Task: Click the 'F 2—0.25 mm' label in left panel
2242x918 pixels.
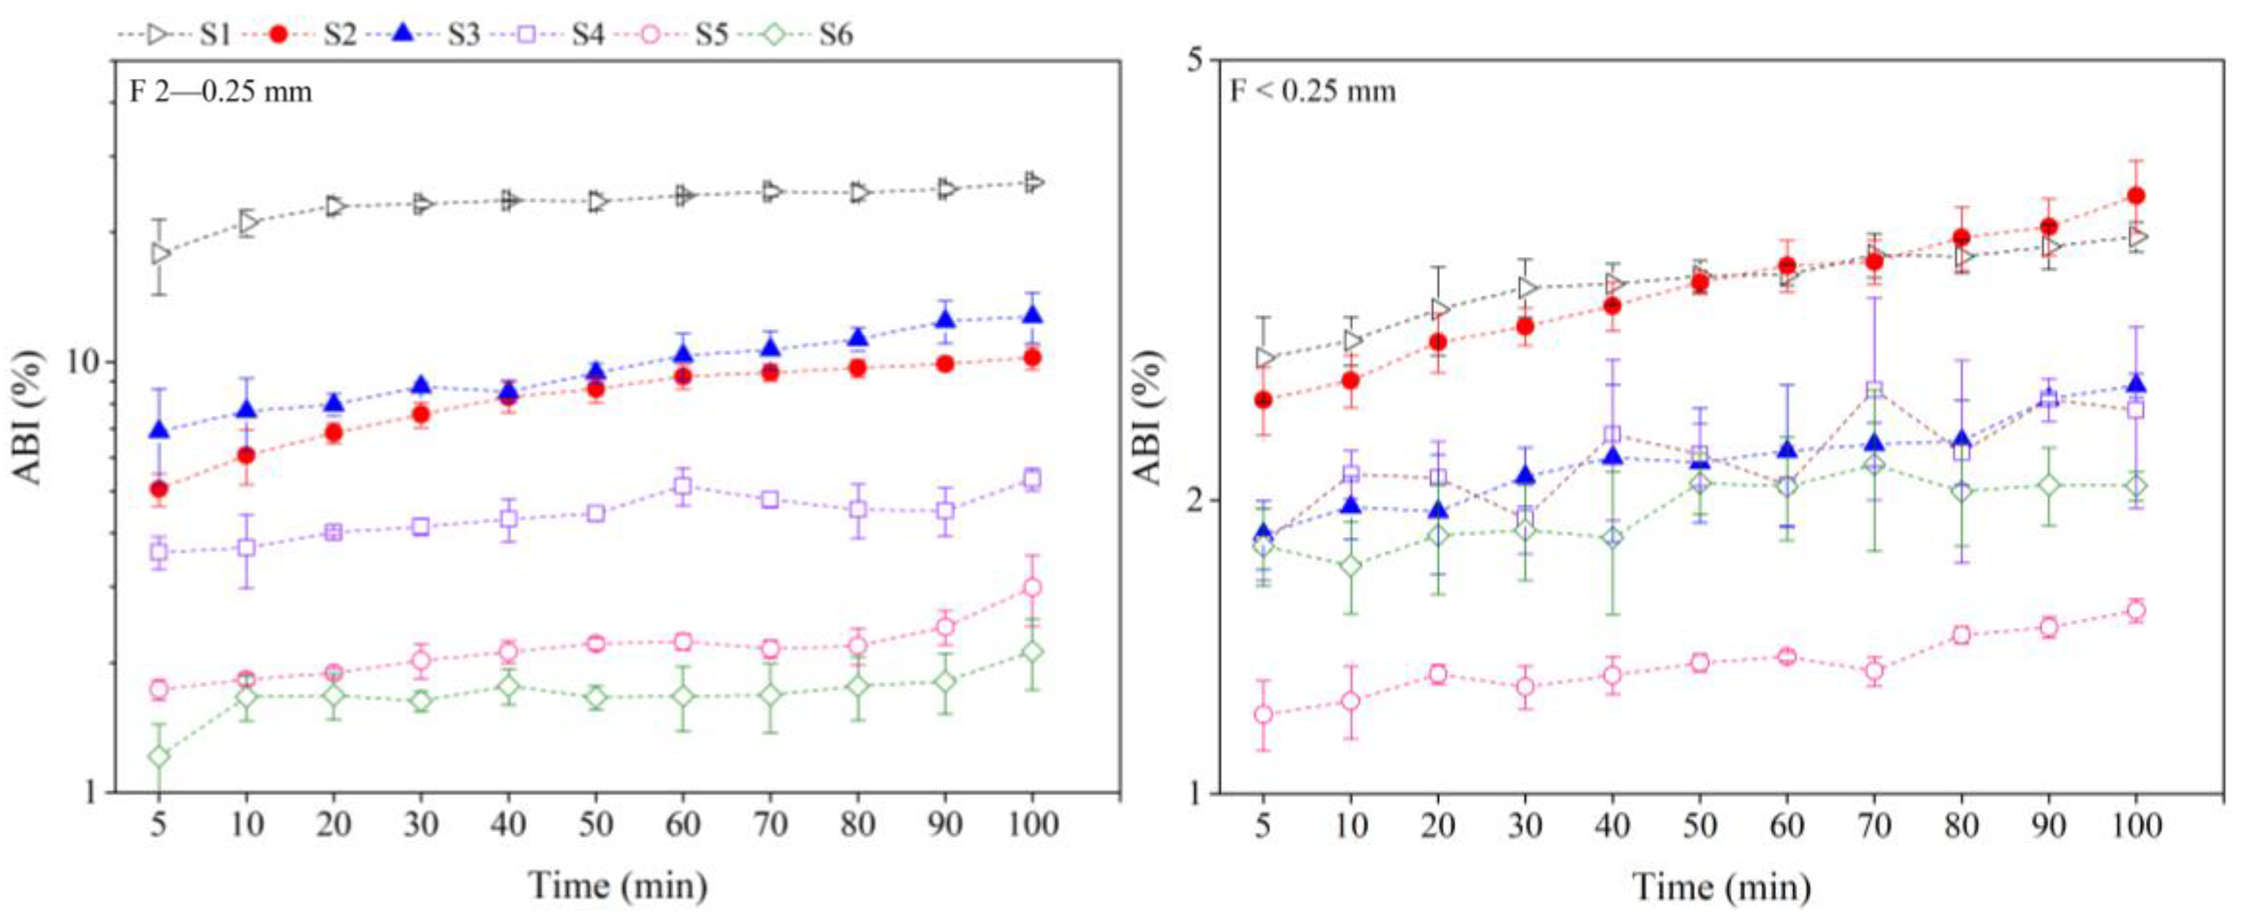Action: coord(220,91)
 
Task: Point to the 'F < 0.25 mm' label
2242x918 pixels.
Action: coord(1312,91)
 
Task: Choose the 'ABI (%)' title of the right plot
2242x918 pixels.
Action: coord(1149,417)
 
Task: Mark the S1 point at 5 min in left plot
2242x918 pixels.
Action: coord(159,253)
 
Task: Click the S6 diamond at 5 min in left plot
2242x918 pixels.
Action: coord(159,756)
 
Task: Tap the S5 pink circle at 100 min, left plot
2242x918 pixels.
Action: coord(1032,587)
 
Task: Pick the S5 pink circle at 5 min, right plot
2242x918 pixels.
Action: coord(1263,714)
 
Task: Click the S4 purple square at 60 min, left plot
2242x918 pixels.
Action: coord(682,486)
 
